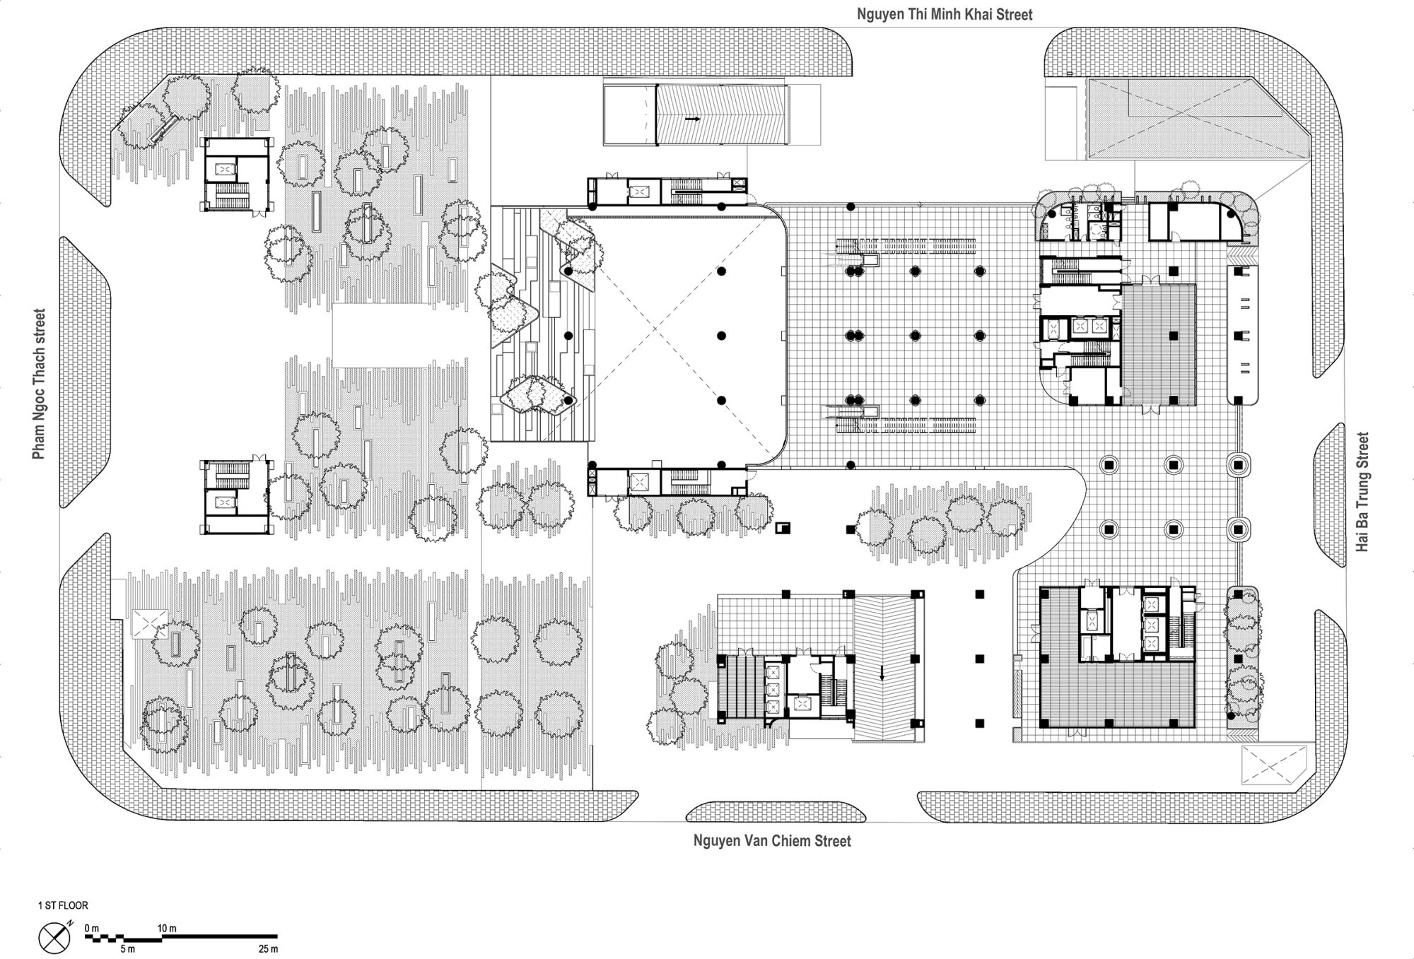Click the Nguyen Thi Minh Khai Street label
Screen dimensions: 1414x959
(945, 14)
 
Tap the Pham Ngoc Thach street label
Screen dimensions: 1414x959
(39, 383)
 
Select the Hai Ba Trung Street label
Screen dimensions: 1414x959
(1362, 492)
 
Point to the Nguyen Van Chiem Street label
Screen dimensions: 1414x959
(772, 841)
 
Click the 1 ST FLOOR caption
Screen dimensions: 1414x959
(63, 905)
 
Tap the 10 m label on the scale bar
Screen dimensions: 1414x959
(167, 928)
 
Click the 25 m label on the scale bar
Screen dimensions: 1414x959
(269, 948)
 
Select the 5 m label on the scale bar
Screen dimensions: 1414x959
(127, 948)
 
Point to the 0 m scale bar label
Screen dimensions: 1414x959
(92, 928)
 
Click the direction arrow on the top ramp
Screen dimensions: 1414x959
(692, 119)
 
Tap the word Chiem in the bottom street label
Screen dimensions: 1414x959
(788, 841)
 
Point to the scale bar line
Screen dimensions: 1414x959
(182, 937)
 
